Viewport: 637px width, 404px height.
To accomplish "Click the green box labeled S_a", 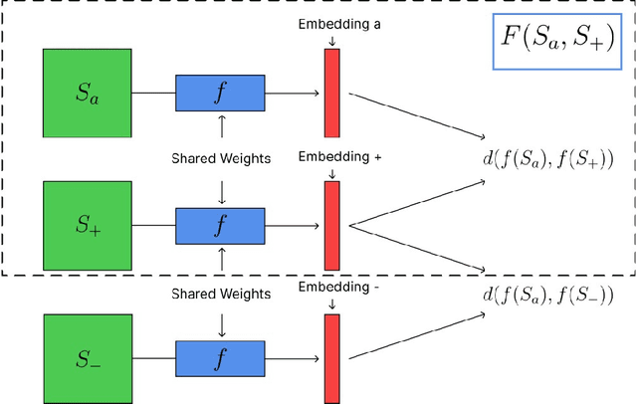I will tap(87, 94).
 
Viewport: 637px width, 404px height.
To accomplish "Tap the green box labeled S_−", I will tap(87, 357).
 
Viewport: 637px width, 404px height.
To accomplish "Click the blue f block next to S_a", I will tap(220, 94).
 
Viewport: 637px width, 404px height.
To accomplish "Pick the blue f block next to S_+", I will tap(220, 226).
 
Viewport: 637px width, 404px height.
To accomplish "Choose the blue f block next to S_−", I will tap(220, 357).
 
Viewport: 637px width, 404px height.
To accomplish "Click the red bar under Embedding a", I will tap(331, 94).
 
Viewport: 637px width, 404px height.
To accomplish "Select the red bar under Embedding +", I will tap(331, 226).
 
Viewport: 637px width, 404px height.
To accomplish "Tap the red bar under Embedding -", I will tap(331, 357).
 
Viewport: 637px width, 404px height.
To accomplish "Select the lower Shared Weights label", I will tap(221, 294).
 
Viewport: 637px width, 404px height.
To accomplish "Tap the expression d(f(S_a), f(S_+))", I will tap(546, 157).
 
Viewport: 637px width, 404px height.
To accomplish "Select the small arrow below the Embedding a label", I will tap(331, 39).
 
